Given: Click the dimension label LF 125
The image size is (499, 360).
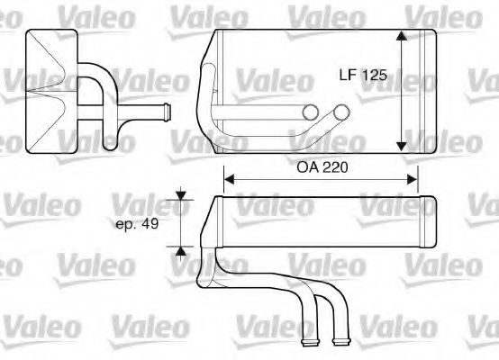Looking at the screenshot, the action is click(363, 75).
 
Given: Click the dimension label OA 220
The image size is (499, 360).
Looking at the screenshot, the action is click(322, 167).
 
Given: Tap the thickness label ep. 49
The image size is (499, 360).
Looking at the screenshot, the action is click(137, 224).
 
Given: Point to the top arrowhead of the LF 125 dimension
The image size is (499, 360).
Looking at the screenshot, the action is click(402, 36).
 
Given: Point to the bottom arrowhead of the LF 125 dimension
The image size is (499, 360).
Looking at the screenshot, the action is click(402, 147).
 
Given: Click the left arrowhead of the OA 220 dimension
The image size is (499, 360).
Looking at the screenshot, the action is click(229, 179).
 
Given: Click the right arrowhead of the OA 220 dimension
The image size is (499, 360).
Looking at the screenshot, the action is click(413, 179).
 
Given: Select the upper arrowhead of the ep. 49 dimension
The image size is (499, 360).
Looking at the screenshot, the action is click(181, 195).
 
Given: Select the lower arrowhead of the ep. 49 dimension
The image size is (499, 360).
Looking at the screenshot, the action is click(181, 251).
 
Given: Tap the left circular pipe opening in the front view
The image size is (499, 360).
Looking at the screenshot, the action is click(310, 112).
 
